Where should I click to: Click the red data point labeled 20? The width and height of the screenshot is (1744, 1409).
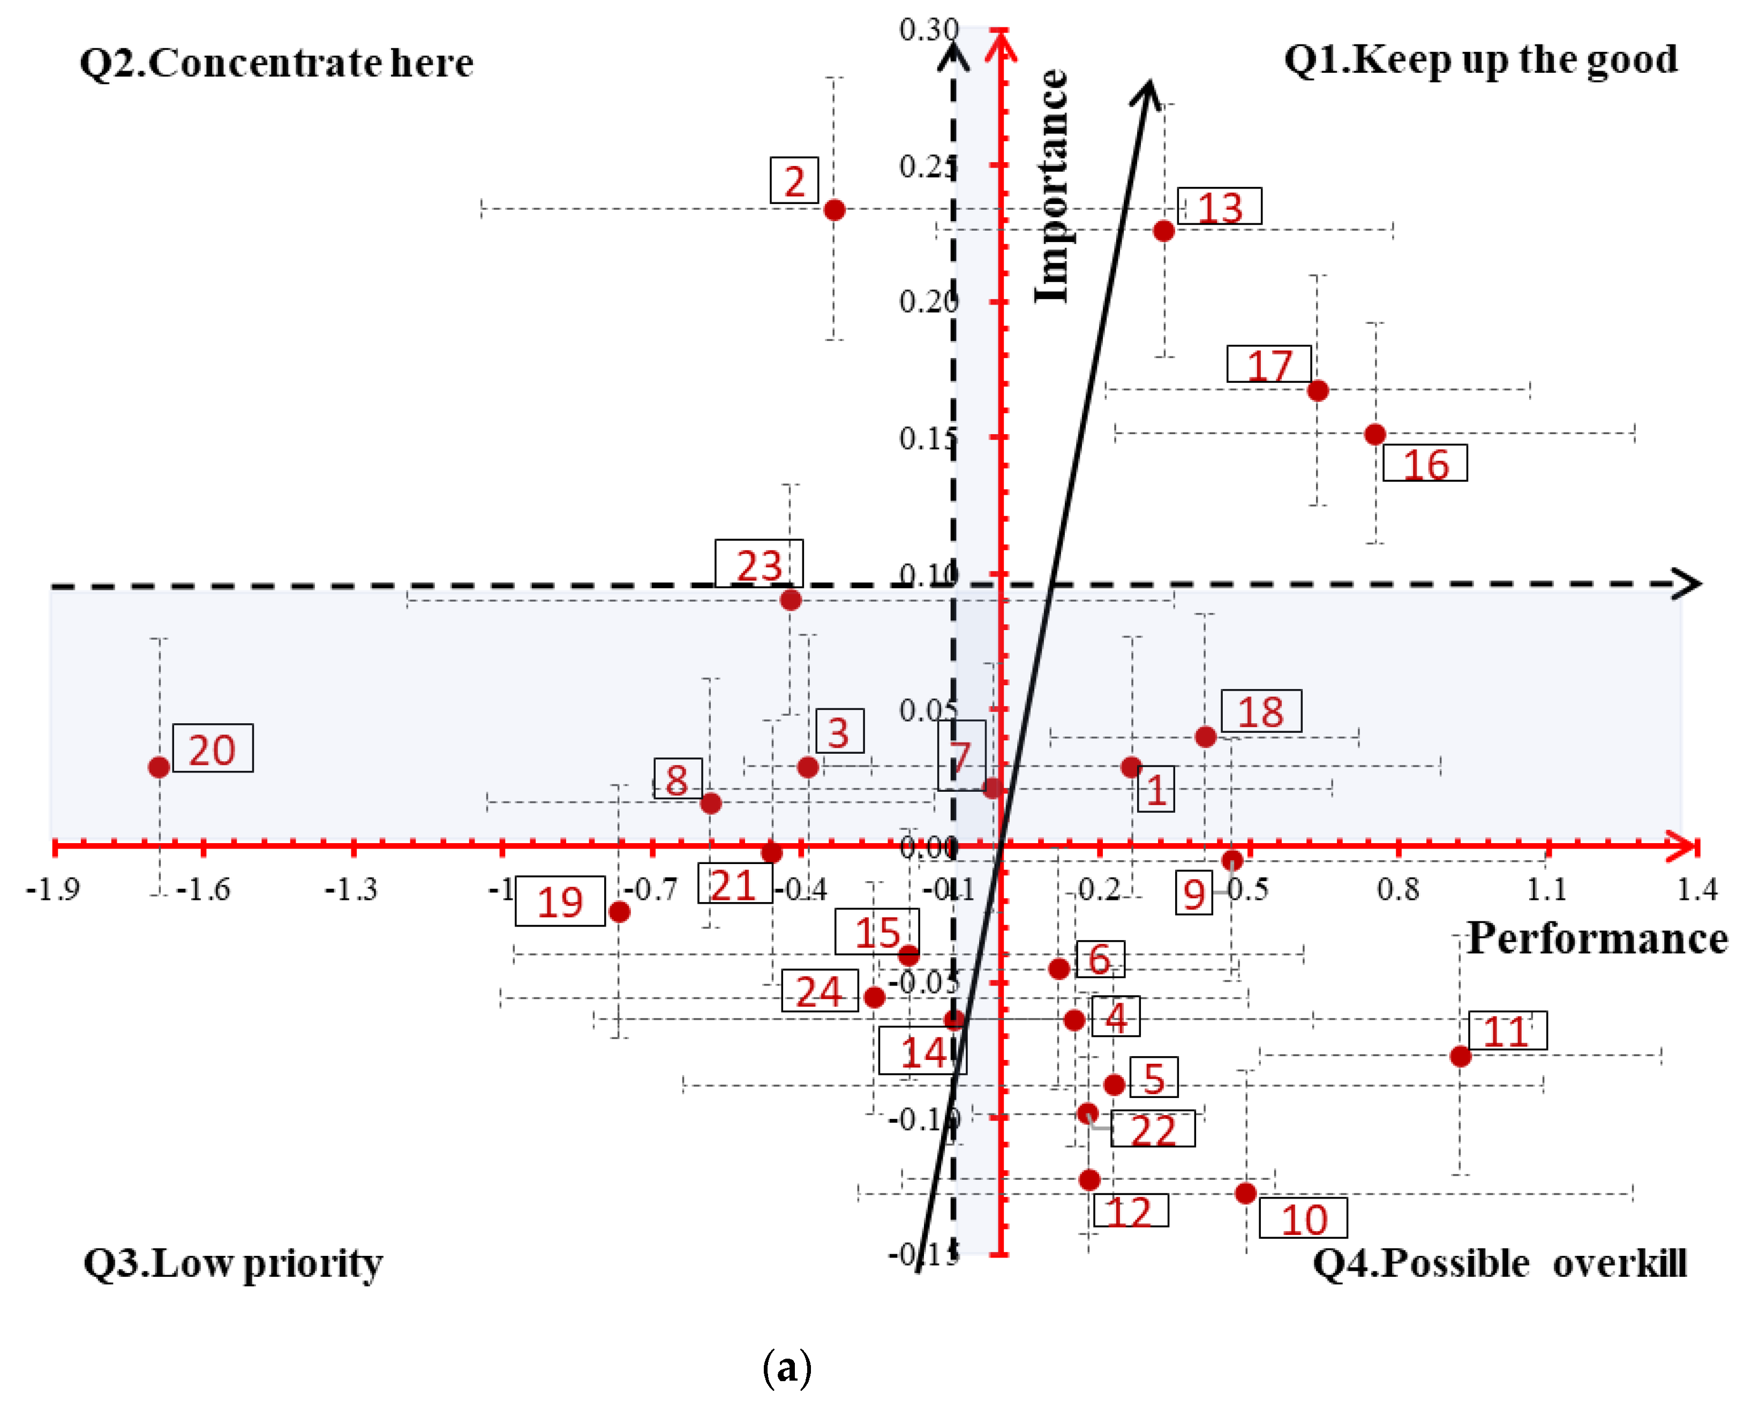coord(159,767)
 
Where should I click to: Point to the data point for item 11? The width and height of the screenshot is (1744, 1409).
coord(1460,1056)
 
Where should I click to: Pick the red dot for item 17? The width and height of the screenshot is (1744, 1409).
coord(1318,390)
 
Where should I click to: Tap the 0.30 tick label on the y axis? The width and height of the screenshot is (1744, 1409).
coord(928,29)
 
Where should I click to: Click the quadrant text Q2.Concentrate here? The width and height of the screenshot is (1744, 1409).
coord(276,63)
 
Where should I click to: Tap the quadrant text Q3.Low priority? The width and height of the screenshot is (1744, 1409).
coord(233,1263)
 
